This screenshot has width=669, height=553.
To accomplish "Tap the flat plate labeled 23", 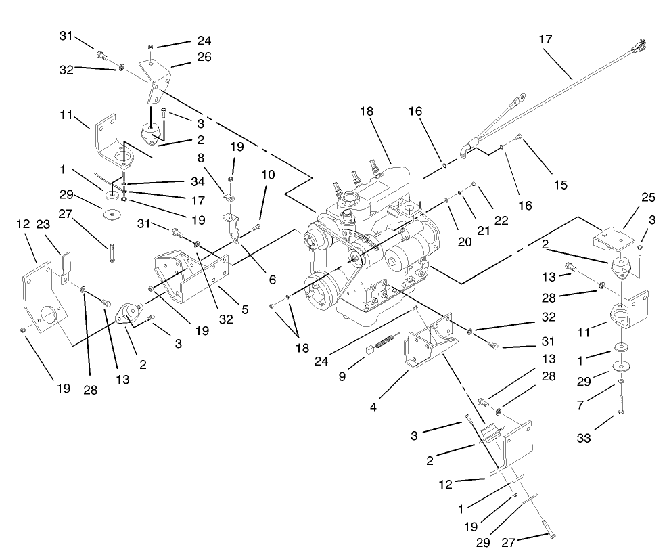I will click(x=65, y=267).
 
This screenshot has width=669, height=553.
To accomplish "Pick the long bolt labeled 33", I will click(x=621, y=403).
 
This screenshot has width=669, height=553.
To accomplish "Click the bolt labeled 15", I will click(x=519, y=138).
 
